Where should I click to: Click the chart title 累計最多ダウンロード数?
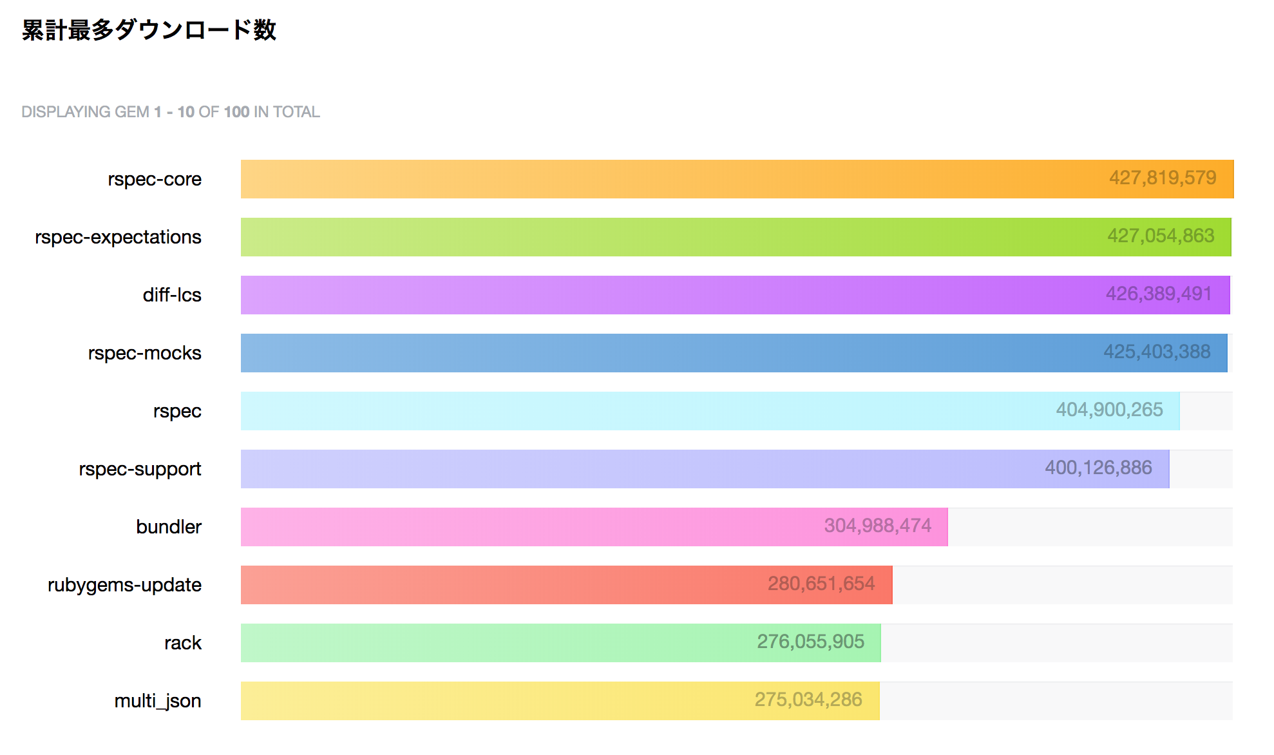149,30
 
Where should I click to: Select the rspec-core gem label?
155,179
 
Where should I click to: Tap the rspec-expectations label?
118,237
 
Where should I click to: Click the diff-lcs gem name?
172,295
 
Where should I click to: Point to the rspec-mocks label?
144,353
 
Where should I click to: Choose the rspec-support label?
140,469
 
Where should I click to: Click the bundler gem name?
169,527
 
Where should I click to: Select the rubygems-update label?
124,585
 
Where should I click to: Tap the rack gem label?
183,643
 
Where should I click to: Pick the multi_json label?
157,701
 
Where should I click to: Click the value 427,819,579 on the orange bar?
1162,178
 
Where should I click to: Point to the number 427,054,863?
1161,236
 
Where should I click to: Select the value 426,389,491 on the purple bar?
1159,294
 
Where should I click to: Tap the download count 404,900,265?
1109,410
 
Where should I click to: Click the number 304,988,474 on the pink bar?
877,526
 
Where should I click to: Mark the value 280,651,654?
821,584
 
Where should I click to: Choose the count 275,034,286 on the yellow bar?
808,700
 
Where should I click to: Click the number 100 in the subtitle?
236,112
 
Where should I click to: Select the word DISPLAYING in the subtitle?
66,112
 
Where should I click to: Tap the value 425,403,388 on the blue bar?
1157,352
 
